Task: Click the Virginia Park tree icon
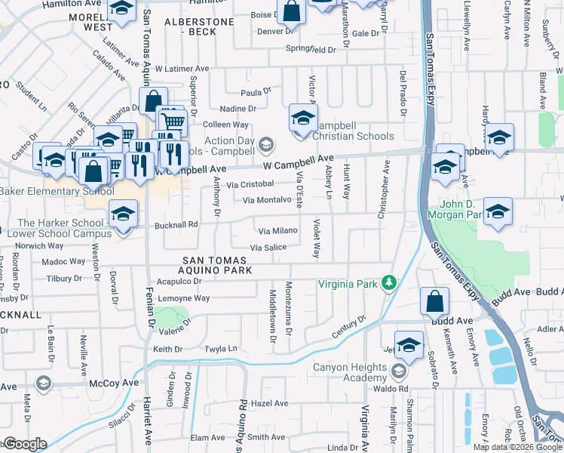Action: pos(389,282)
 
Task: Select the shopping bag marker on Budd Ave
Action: pos(436,302)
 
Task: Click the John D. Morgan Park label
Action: pos(455,209)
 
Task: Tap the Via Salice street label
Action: pos(268,248)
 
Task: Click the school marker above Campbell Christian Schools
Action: pos(303,119)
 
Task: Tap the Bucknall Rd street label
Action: pos(176,224)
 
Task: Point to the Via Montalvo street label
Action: pos(267,199)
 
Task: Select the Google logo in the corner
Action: pos(24,444)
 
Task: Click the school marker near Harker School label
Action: pos(123,215)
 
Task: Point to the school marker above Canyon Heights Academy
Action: pos(409,345)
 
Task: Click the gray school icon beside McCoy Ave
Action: pos(44,384)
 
